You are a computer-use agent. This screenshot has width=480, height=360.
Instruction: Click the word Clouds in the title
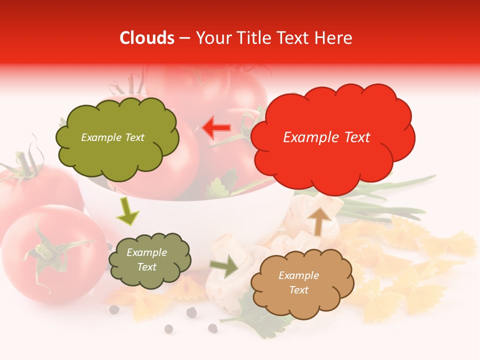pos(146,38)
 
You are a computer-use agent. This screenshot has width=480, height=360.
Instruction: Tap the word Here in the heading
pos(334,38)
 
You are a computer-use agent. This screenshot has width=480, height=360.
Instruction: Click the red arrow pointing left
pos(216,128)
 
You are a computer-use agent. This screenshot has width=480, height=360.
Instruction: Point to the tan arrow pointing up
pos(319,220)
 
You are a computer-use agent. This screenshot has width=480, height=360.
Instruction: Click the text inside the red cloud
pos(326,137)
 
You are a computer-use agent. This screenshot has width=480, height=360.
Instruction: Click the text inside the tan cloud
pos(298,282)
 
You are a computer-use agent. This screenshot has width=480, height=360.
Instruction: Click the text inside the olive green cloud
pos(112,137)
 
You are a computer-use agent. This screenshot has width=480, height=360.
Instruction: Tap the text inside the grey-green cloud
pos(146,259)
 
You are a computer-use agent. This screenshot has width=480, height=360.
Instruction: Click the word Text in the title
pos(292,38)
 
